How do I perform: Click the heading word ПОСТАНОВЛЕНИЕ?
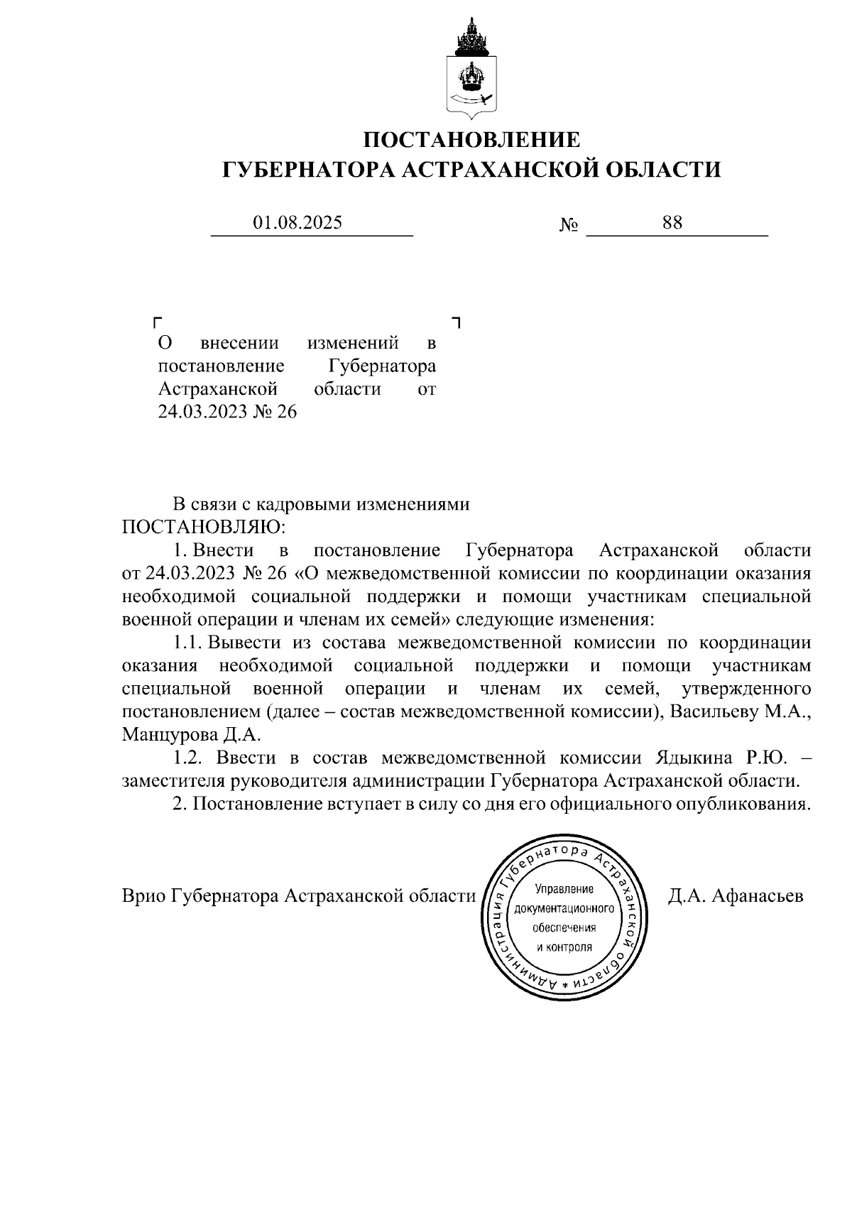coord(471,139)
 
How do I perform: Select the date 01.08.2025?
coord(297,223)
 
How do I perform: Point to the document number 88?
coord(672,223)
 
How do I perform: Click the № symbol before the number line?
coord(568,226)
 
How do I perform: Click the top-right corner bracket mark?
coord(457,323)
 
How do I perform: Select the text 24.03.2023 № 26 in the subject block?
coord(227,412)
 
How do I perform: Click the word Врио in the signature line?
coord(145,896)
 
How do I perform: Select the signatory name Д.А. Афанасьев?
coord(736,896)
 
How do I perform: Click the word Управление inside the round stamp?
coord(564,889)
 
